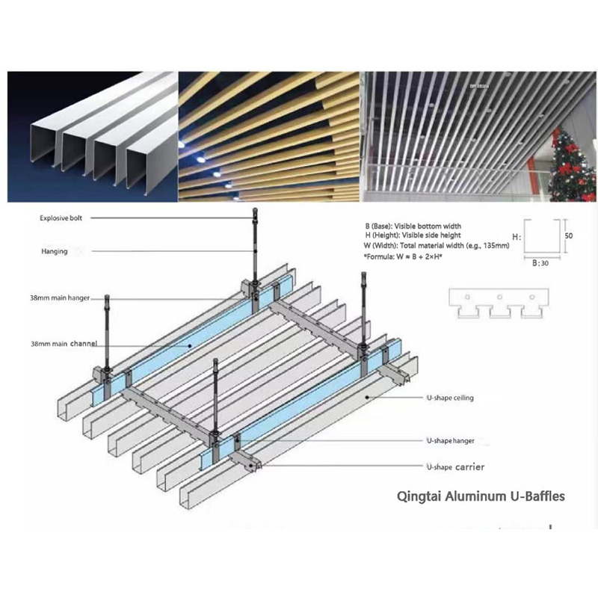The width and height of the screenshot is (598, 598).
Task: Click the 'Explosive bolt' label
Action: pos(62,218)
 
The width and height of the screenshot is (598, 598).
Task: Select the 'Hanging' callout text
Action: pos(55,251)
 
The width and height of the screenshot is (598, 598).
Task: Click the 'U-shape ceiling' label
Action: pos(450,398)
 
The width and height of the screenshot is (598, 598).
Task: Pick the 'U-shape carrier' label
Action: pos(455,467)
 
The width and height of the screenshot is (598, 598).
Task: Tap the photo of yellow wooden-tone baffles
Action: pos(269,136)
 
